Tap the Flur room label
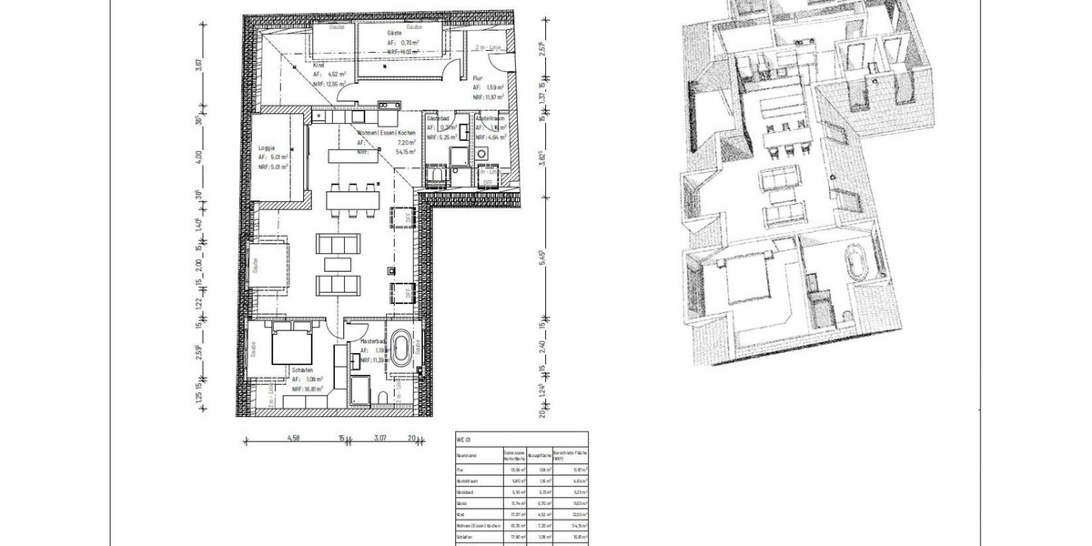tap(479, 77)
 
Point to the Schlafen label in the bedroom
tap(305, 371)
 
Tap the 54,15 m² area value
tap(406, 153)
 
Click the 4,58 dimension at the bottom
tap(295, 438)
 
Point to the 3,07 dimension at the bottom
tap(379, 438)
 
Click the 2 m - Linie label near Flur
tap(489, 45)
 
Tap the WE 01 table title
tap(461, 440)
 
